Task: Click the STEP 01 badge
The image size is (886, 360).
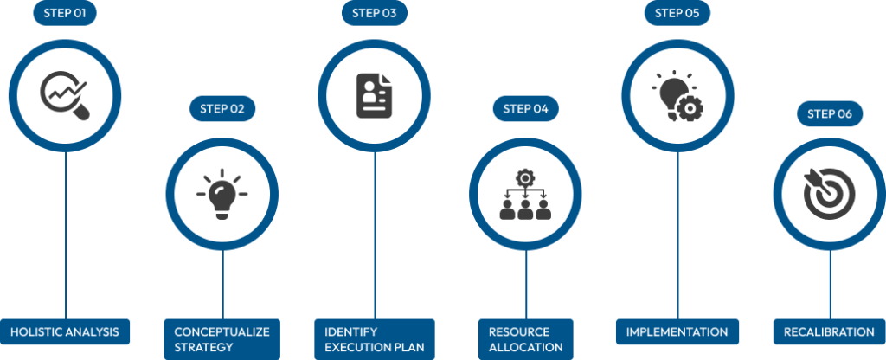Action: [x=65, y=13]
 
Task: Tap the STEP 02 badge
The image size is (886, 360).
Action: [x=221, y=108]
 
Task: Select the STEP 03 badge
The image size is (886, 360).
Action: [x=374, y=13]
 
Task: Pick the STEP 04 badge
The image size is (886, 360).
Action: [x=525, y=108]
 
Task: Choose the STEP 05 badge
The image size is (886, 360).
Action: [x=677, y=13]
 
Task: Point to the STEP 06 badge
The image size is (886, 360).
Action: [x=830, y=113]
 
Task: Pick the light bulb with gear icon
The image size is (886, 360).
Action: [x=677, y=94]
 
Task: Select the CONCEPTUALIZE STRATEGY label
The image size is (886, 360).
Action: [x=221, y=339]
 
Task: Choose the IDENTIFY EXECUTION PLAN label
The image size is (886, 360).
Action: [x=374, y=339]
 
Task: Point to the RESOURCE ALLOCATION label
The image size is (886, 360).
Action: [x=525, y=339]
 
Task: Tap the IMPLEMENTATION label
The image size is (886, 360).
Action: [x=677, y=331]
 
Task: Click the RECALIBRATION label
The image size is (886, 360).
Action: [x=829, y=331]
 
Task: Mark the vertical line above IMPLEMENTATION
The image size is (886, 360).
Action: [x=677, y=234]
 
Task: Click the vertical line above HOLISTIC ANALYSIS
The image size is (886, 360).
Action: [x=66, y=234]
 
